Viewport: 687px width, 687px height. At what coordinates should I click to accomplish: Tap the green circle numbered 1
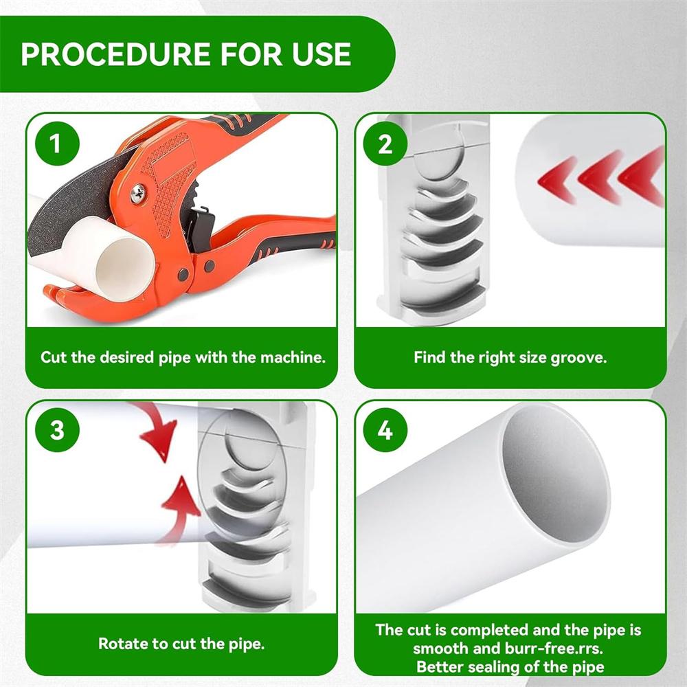[x=57, y=145]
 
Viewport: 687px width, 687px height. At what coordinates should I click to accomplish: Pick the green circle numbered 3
[x=57, y=431]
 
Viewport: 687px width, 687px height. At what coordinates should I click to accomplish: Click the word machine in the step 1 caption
[x=289, y=358]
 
